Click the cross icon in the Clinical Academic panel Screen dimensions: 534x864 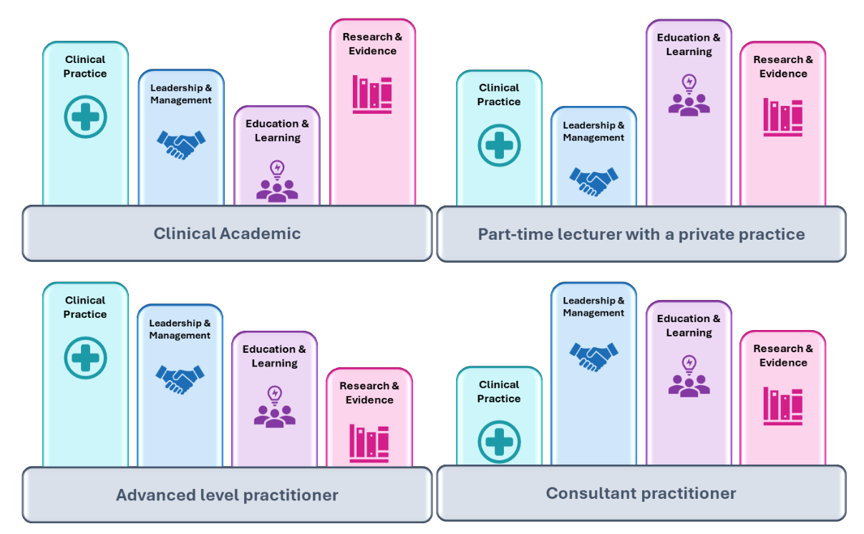(85, 117)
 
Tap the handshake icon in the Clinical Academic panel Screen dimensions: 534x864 (181, 144)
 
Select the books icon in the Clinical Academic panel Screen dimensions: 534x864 (372, 94)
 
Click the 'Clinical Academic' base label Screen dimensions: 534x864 (227, 233)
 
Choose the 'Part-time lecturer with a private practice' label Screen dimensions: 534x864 (641, 234)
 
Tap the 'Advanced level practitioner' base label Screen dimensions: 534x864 (227, 495)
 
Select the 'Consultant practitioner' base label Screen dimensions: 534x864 (641, 493)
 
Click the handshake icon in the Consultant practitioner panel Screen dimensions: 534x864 (593, 356)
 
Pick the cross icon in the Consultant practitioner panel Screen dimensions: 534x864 (499, 440)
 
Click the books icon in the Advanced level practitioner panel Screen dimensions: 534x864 (369, 443)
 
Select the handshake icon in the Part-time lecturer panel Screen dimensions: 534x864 (593, 180)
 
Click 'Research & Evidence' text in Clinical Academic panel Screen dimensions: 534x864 (372, 44)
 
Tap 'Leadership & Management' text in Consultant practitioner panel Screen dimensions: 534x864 (593, 306)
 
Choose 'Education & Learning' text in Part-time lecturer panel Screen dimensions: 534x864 (689, 44)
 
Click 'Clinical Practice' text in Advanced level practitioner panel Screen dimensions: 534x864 (85, 307)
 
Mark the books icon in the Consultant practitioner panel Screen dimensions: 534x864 (782, 406)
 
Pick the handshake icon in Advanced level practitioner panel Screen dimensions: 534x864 (180, 379)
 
